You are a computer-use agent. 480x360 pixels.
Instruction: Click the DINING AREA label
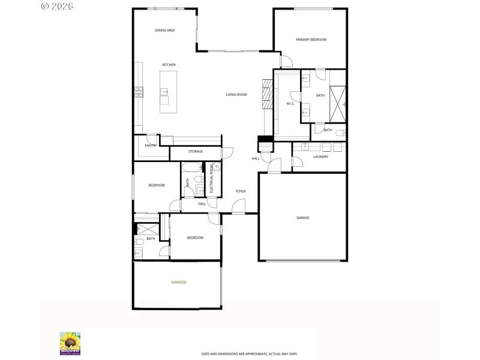coord(164,30)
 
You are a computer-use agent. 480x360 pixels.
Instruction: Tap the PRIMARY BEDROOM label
coord(311,40)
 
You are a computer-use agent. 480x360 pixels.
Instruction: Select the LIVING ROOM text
coord(236,95)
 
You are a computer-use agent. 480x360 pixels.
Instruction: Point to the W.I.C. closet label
coord(290,104)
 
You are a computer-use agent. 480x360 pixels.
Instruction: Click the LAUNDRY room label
coord(320,157)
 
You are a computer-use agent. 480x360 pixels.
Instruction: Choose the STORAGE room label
coord(196,152)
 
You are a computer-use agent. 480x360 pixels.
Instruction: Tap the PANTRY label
coord(151,145)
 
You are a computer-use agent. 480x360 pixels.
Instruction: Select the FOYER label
coord(241,191)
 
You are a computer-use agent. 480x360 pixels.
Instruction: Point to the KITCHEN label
coord(169,65)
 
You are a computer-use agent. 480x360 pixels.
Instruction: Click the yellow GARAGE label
coord(179,282)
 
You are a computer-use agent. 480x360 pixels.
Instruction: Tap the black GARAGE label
coord(302,218)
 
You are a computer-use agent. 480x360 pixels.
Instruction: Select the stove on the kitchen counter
coord(139,91)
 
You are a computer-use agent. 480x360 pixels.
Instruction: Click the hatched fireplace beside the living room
coord(267,95)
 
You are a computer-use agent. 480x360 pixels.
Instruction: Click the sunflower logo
coord(70,343)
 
